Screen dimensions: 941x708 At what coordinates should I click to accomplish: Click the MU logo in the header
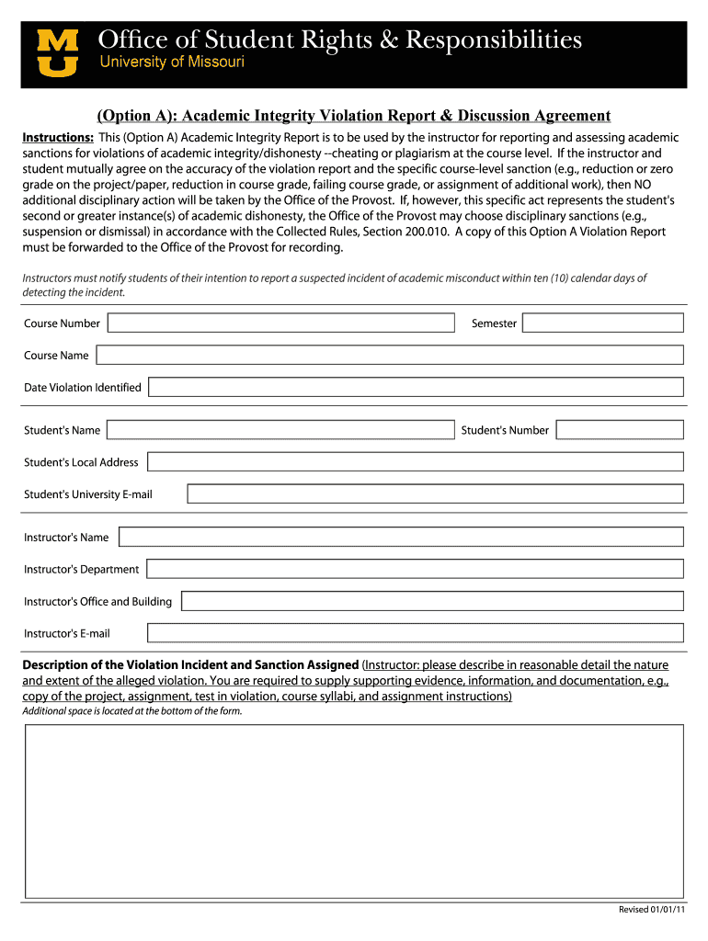coord(57,53)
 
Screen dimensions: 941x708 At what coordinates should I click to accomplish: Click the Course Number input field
coord(280,323)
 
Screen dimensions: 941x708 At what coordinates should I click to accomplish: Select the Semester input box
coord(603,323)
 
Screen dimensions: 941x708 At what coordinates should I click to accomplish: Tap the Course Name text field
coord(390,355)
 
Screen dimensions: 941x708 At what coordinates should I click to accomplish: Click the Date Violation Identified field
coord(416,387)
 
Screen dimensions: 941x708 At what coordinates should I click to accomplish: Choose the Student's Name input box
coord(280,430)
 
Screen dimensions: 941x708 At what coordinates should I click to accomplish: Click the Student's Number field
coord(620,430)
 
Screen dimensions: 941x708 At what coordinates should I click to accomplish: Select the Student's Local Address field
coord(415,462)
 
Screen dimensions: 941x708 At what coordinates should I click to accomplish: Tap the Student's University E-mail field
coord(435,494)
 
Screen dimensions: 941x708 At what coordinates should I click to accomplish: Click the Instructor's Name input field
coord(401,537)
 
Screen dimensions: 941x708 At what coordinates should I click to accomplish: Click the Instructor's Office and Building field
coord(432,601)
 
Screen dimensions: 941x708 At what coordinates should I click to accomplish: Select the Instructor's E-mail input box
coord(416,633)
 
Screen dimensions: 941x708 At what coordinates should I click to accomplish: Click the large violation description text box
coord(354,811)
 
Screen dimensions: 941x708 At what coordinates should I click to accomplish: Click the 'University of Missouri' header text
coord(171,62)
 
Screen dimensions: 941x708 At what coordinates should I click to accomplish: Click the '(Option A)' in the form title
coord(139,116)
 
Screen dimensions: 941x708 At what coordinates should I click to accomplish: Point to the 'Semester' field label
coord(494,323)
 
